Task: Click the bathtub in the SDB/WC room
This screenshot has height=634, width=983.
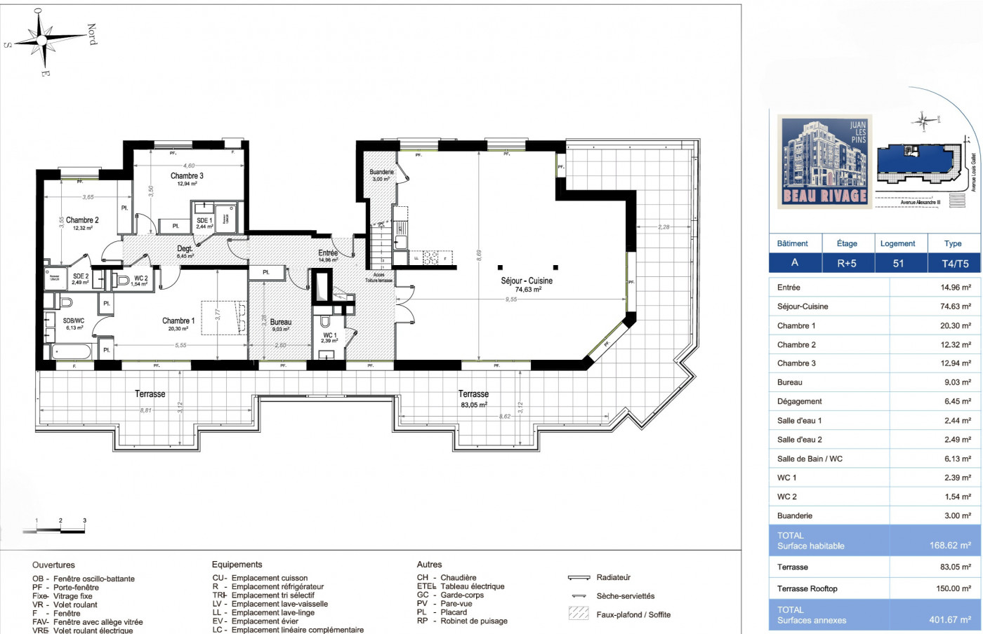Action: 71,350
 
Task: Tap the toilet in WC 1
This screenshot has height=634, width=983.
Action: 325,322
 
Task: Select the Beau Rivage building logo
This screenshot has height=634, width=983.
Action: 825,161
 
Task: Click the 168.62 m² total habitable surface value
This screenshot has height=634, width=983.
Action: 949,546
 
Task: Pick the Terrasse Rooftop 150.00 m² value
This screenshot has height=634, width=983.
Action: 953,588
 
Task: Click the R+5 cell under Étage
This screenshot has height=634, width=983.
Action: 847,263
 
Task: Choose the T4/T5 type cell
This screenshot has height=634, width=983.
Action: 954,263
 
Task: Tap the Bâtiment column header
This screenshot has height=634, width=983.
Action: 793,243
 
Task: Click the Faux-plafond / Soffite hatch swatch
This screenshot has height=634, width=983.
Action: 579,614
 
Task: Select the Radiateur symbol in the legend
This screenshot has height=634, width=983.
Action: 579,578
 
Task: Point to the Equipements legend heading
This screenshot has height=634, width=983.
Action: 237,565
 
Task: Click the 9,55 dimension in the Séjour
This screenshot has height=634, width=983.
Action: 511,299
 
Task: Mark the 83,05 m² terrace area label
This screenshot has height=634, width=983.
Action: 474,405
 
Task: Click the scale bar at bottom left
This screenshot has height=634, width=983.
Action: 54,531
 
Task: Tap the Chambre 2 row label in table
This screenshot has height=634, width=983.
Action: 796,344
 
